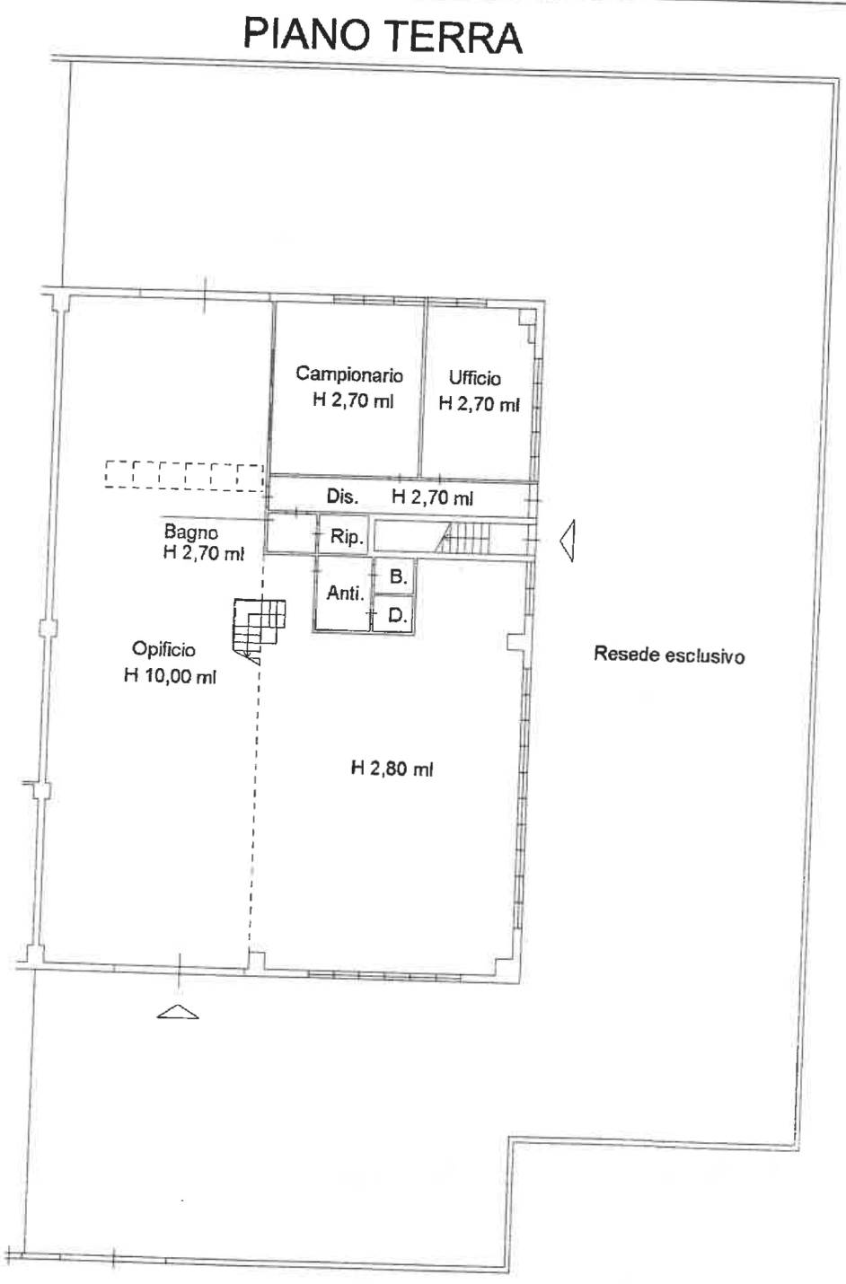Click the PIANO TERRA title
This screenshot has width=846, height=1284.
(383, 36)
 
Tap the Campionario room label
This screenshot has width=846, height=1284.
(349, 374)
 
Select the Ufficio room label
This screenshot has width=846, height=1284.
(474, 378)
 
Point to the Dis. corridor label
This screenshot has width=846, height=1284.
(342, 497)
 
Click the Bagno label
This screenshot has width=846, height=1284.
(191, 532)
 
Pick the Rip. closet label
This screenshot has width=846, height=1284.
(346, 537)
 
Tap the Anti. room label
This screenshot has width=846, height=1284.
(345, 593)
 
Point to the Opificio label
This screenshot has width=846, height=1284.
(163, 649)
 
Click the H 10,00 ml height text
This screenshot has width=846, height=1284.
(170, 676)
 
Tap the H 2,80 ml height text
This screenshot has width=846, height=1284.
(392, 768)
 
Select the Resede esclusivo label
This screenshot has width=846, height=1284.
(669, 655)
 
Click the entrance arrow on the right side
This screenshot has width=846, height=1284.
(568, 540)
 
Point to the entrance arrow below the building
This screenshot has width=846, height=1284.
(178, 1012)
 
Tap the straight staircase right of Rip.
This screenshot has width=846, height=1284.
(464, 538)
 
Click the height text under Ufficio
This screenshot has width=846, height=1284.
(479, 404)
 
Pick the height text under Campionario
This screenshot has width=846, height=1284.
(353, 400)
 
